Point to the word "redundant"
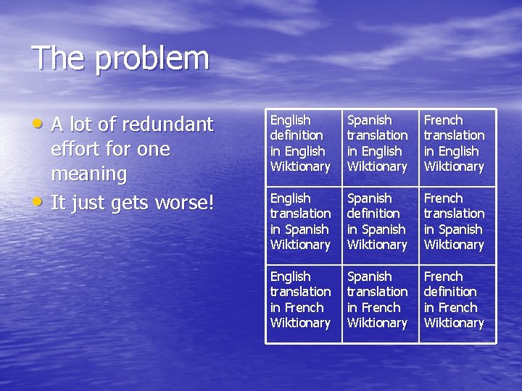point(167,125)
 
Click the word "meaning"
point(88,175)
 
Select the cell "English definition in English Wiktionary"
point(303,143)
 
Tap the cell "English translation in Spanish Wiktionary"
point(303,222)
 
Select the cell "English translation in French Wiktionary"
point(303,300)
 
